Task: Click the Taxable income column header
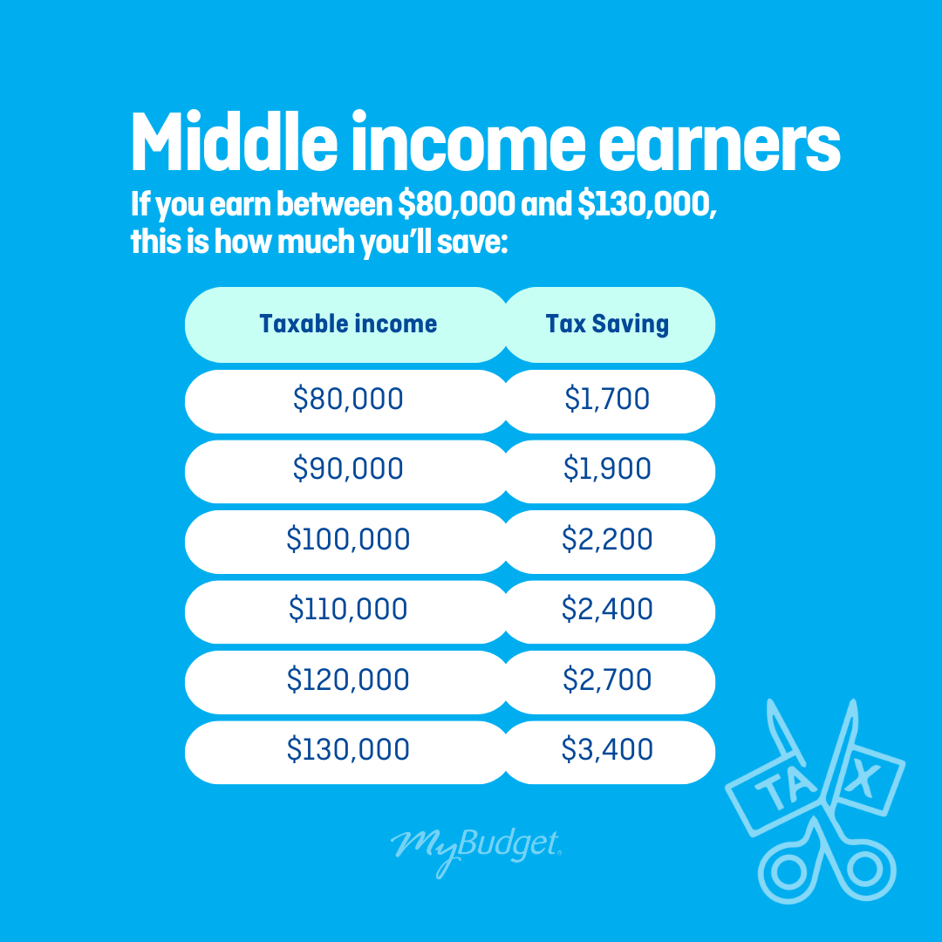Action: [348, 324]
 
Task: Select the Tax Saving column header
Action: [607, 324]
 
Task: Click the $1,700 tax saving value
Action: [607, 399]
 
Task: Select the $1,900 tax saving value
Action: [607, 468]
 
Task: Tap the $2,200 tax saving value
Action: [607, 539]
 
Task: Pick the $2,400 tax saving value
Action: [607, 609]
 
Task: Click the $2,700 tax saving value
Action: [607, 679]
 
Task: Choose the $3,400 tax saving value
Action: [607, 750]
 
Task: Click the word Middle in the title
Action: [235, 141]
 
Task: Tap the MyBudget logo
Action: [476, 850]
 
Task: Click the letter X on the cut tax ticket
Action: [862, 780]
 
